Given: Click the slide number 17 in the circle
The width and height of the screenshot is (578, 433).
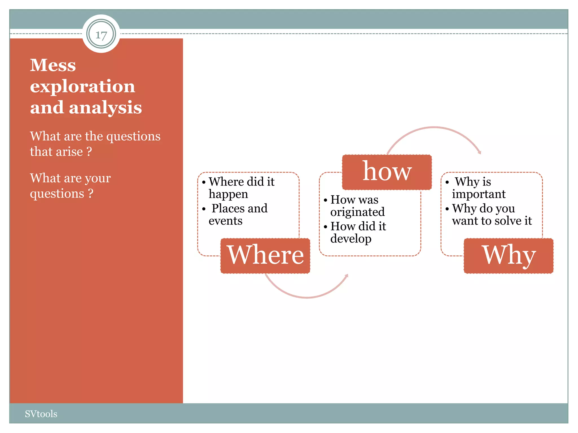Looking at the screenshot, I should coord(101,35).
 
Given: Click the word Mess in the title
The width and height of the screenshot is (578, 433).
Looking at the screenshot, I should coord(53,65).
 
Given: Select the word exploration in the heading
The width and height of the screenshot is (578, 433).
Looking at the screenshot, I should coord(82,86).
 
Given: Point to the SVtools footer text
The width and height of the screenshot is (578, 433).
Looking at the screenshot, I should coord(41,414).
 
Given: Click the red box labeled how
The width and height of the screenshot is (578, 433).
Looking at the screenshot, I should coord(387,172).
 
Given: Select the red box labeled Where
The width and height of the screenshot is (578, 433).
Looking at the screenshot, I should coord(265,255).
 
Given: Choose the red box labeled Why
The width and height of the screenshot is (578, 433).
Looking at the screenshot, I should coord(509,255).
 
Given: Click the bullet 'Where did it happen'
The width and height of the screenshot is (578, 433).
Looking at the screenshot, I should coord(241,188).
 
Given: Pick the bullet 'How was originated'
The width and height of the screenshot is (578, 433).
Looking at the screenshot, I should coord(357,206).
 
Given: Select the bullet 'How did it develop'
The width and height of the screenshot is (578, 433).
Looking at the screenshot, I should coord(358,232).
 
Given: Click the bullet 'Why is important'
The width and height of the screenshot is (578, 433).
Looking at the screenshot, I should coord(478,188).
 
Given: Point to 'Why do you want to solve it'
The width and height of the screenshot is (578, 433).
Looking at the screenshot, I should coord(492,215).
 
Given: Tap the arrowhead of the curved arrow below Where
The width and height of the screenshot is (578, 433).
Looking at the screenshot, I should coord(347,276).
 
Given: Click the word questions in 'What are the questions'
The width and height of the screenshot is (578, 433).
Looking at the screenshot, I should coord(133,136).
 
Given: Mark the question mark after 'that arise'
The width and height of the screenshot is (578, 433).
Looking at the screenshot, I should coord(89,152).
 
